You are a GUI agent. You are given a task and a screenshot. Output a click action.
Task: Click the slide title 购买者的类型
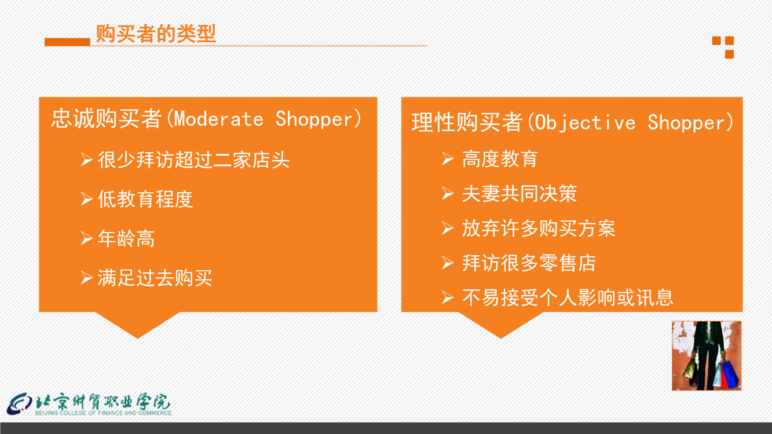pos(156,34)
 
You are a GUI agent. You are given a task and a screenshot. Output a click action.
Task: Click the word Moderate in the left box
pos(219,119)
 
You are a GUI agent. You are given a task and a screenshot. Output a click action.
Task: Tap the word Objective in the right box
pos(585,123)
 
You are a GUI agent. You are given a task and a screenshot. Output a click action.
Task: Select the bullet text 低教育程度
pos(145,199)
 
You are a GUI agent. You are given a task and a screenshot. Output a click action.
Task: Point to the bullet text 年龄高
pos(126,238)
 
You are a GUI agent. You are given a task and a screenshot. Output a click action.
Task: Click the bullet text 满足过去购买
pos(155,278)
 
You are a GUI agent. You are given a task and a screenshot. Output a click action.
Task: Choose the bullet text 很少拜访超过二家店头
pos(193,160)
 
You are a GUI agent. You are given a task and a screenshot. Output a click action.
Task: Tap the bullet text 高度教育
pos(500,159)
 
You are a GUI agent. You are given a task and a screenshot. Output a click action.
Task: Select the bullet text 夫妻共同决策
pos(519,194)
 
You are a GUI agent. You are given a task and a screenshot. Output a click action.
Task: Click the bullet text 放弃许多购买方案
pos(539,229)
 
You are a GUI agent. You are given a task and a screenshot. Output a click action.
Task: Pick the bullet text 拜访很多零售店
pos(529,263)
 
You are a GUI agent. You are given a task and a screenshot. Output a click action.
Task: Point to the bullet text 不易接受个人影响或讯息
pos(568,297)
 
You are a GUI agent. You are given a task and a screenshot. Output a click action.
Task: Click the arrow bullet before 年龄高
pos(87,238)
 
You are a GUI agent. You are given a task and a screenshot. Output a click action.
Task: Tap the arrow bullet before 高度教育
pos(448,159)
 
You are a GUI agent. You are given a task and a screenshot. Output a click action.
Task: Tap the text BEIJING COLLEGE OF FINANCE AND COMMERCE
pos(104,413)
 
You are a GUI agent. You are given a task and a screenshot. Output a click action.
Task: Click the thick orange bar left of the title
pos(67,42)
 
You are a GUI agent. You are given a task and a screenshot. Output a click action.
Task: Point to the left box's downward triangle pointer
pos(137,324)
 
